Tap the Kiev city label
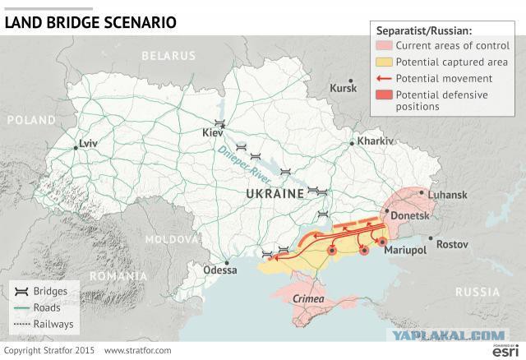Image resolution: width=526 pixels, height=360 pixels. coord(214,132)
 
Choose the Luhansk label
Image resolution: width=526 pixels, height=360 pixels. coord(448,194)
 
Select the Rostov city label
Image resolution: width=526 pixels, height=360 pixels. coord(452,244)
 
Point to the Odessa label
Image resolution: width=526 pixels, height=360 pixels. coord(219,269)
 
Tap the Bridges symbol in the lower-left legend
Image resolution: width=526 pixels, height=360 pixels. coord(21,292)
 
